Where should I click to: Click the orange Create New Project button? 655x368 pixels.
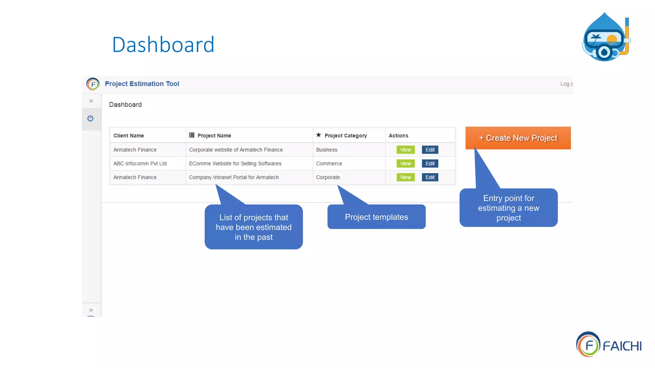tap(518, 138)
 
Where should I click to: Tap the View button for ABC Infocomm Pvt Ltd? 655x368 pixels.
tap(405, 164)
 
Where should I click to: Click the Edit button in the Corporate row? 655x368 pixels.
tap(430, 177)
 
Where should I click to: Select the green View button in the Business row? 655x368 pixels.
tap(405, 150)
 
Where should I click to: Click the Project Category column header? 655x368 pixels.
tap(345, 136)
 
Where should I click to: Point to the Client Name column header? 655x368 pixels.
tap(129, 136)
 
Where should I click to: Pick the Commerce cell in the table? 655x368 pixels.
tap(329, 164)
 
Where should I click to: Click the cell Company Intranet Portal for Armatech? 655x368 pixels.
tap(233, 177)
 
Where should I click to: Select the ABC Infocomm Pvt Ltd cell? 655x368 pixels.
tap(140, 164)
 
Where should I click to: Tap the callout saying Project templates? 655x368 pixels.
tap(376, 217)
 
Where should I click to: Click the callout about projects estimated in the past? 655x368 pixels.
tap(254, 227)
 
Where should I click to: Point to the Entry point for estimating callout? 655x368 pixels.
tap(508, 208)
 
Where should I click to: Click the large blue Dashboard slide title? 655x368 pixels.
tap(163, 45)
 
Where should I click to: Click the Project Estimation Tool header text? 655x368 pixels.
tap(142, 84)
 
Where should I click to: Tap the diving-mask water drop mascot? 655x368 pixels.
tap(605, 38)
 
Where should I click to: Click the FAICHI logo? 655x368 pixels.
tap(609, 345)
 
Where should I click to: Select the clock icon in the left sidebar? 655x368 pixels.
tap(91, 119)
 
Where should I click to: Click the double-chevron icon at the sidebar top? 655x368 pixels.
tap(91, 101)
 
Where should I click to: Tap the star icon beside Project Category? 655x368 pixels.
tap(318, 135)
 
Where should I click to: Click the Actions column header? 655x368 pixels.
tap(398, 136)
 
